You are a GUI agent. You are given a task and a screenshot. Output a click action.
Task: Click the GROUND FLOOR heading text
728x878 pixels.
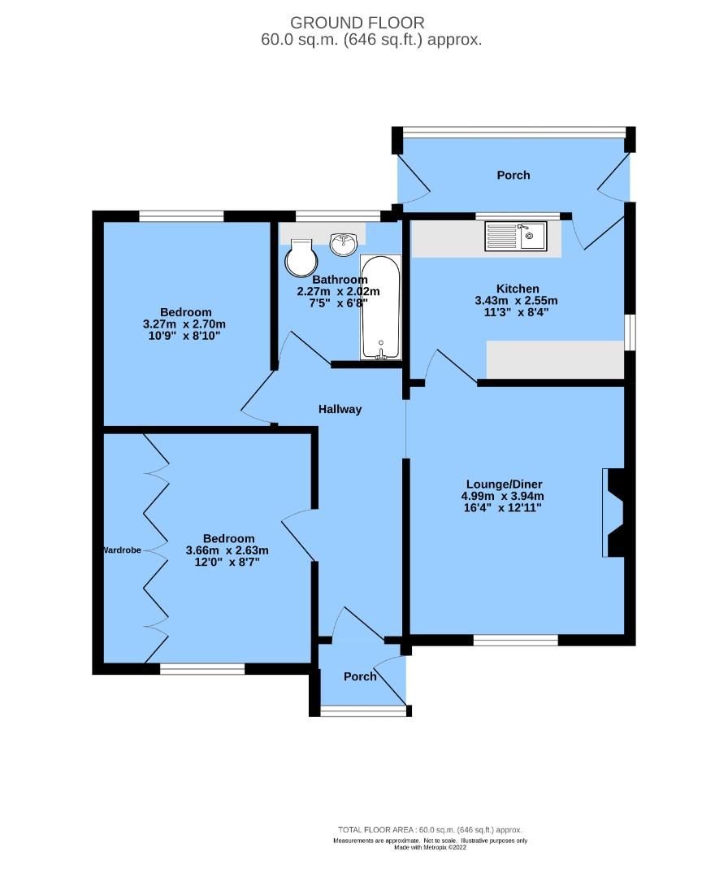click(357, 23)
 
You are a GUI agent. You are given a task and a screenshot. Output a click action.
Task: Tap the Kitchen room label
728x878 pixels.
click(518, 289)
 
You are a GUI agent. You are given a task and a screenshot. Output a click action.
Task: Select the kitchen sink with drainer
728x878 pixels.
click(516, 237)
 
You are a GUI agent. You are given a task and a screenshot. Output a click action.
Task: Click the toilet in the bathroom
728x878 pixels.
click(301, 258)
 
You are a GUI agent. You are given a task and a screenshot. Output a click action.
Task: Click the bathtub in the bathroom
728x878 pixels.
click(380, 307)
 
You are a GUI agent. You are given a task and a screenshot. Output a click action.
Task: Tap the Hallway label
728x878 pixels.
click(340, 409)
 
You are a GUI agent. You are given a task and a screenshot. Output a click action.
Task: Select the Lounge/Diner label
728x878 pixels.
click(505, 485)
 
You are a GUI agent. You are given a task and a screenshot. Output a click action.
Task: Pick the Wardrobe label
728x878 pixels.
click(122, 550)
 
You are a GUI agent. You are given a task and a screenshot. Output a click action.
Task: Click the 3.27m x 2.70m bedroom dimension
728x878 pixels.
click(184, 324)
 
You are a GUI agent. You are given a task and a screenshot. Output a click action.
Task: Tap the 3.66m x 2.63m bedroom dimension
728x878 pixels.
click(227, 550)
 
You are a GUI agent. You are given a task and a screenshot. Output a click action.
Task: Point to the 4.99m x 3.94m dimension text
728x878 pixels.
click(502, 496)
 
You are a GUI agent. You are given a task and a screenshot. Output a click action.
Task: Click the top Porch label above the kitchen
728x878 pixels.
click(513, 176)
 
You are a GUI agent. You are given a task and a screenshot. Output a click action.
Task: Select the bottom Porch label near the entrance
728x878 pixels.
click(360, 676)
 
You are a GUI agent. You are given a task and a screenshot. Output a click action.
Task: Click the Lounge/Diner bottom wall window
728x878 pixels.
click(516, 640)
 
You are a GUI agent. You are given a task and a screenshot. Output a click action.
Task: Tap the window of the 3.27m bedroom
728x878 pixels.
click(181, 216)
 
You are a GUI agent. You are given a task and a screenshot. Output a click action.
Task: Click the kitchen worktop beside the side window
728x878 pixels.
click(555, 359)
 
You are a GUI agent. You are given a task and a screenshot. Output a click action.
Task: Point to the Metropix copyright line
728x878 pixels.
click(430, 848)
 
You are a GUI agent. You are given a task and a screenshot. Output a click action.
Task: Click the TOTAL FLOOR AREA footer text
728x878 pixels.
click(430, 830)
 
